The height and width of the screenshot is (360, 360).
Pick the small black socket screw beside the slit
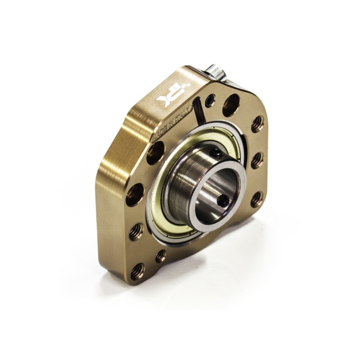coord(210,100)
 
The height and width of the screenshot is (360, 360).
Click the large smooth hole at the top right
coord(231,104)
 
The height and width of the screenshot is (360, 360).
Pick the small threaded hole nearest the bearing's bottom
coord(161,256)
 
